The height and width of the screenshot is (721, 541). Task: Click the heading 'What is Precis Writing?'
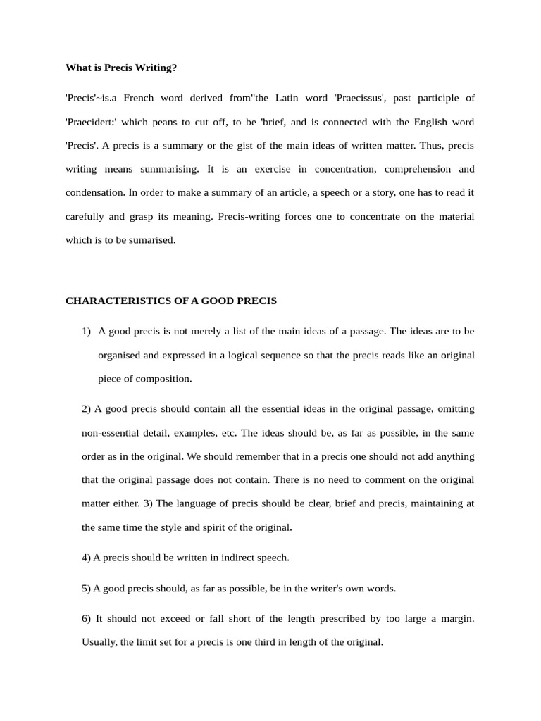[x=121, y=68]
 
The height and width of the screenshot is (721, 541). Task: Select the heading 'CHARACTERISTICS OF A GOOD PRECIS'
[x=171, y=301]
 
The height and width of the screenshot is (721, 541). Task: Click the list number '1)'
[x=87, y=331]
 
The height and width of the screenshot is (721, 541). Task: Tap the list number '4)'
[x=86, y=558]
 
